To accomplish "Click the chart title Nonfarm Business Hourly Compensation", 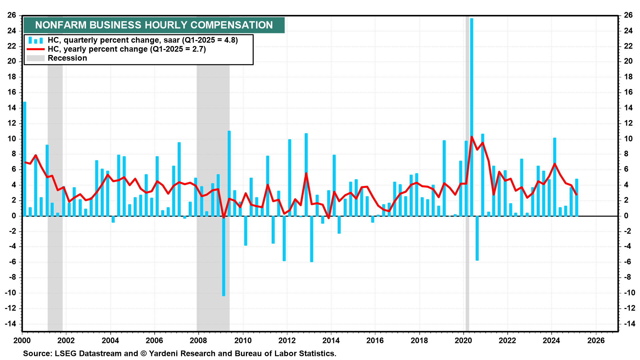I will tap(154, 25).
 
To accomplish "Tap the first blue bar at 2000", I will tap(25, 160).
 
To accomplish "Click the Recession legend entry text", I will tap(67, 58).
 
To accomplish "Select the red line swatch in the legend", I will tap(35, 49).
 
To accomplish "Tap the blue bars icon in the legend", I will tap(35, 40).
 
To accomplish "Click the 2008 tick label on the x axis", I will tap(198, 340).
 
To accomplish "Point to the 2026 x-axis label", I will tap(596, 340).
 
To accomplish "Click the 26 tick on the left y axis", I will tap(12, 15).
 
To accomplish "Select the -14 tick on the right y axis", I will tap(628, 324).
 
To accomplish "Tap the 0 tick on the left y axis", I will tap(14, 216).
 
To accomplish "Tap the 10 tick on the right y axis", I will tap(628, 139).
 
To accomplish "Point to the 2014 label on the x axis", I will tap(331, 340).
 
